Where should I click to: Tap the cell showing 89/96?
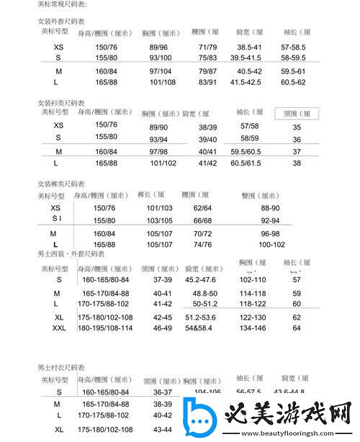pyautogui.click(x=158, y=46)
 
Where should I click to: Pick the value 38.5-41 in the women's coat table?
pyautogui.click(x=248, y=46)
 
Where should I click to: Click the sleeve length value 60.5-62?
pyautogui.click(x=294, y=82)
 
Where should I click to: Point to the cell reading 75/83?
pyautogui.click(x=207, y=57)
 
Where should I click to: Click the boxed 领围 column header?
pyautogui.click(x=296, y=114)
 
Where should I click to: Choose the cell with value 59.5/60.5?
pyautogui.click(x=246, y=152)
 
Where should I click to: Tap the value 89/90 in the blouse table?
pyautogui.click(x=158, y=127)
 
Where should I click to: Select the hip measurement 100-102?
pyautogui.click(x=271, y=244)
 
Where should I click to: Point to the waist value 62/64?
pyautogui.click(x=202, y=207)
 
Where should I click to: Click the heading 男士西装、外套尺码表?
pyautogui.click(x=68, y=254)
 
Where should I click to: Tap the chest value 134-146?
pyautogui.click(x=253, y=328)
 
